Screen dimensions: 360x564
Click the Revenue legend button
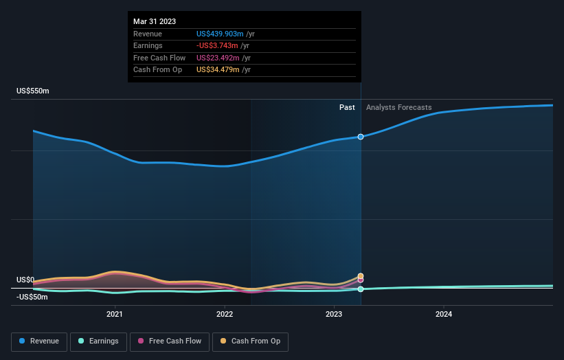[40, 341]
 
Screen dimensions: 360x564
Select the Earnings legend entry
[98, 341]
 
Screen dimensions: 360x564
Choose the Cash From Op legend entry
[251, 341]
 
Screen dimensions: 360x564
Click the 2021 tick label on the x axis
[115, 315]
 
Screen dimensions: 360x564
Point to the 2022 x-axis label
[225, 315]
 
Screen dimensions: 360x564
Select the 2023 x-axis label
[334, 315]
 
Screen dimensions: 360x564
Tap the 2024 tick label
[444, 315]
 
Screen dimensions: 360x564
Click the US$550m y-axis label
[33, 91]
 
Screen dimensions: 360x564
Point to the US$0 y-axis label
[25, 280]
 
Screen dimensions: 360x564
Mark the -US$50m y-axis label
[33, 297]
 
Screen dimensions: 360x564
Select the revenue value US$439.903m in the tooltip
[221, 34]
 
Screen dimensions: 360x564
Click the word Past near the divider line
[347, 107]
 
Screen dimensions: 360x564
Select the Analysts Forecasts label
[399, 107]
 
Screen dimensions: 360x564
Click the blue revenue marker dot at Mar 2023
[361, 137]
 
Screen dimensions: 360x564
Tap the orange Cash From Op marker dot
[361, 276]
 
